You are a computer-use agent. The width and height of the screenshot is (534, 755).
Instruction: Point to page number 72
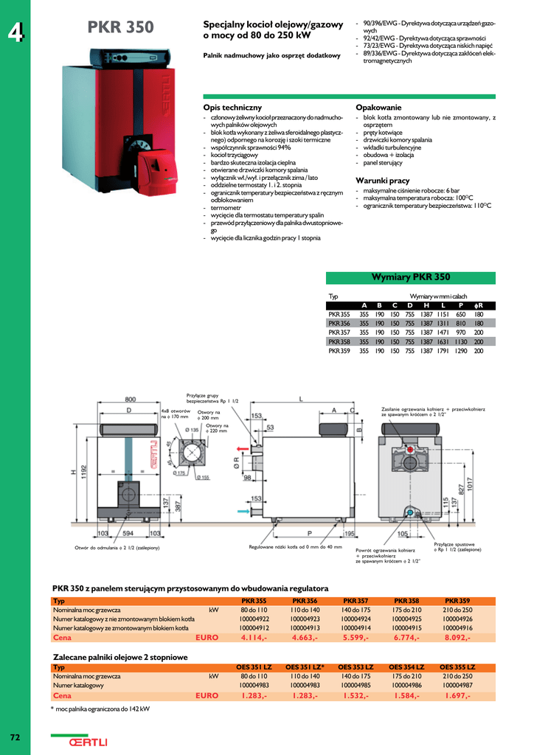click(15, 737)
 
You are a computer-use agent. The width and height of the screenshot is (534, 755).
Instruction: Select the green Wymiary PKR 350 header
click(411, 277)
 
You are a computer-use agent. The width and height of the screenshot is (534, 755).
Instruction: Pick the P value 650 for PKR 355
click(460, 313)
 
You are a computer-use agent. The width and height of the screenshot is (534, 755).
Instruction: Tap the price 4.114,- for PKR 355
click(254, 638)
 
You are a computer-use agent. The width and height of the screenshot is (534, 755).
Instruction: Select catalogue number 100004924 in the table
click(356, 619)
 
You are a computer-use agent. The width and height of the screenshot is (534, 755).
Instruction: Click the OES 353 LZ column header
click(356, 667)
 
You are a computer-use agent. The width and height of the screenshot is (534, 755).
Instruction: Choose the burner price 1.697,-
click(457, 695)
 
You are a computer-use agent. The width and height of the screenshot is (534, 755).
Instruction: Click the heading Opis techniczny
click(232, 108)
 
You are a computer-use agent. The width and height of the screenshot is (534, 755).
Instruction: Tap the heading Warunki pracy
click(382, 181)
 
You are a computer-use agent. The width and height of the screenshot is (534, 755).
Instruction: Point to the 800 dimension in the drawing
click(130, 399)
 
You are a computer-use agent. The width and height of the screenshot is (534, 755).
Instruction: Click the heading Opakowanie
click(378, 108)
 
